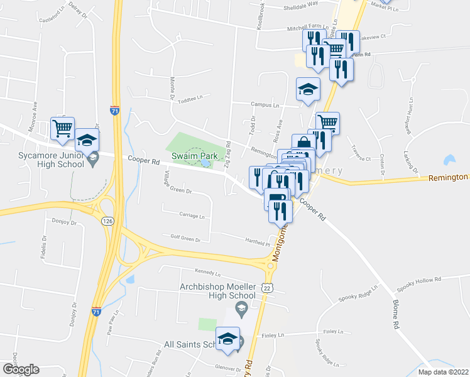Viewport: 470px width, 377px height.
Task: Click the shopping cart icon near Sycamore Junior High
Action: (63, 129)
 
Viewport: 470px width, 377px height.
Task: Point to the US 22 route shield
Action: (266, 288)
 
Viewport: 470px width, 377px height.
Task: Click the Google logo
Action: (20, 369)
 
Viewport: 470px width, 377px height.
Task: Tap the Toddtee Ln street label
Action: (192, 99)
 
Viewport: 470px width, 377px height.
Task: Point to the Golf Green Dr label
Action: (180, 239)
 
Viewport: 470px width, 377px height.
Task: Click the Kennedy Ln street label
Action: (208, 273)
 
